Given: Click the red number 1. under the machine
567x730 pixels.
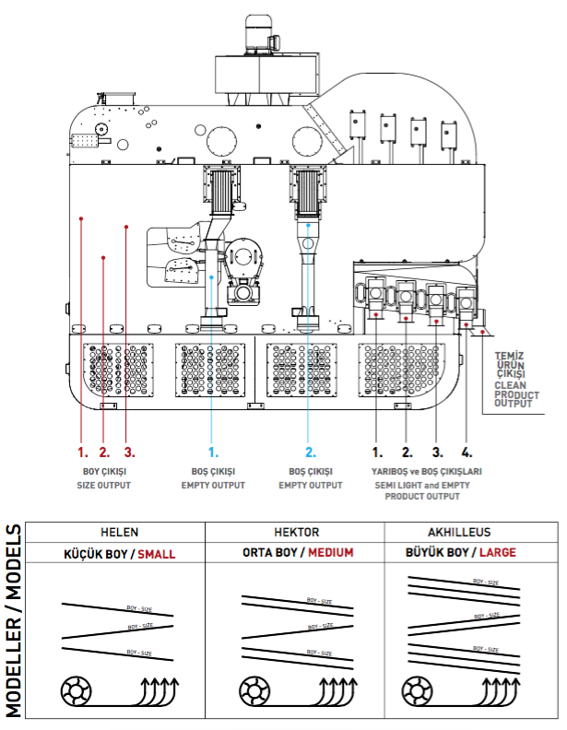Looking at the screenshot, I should click(x=82, y=453).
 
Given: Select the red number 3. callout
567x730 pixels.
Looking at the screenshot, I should click(x=130, y=453).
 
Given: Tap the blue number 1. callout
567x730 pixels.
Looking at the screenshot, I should click(x=213, y=453).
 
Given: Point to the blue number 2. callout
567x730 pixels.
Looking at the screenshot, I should click(x=311, y=453).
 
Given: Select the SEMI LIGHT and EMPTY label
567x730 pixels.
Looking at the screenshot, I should click(x=421, y=486).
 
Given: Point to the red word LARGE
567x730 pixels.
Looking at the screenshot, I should click(x=498, y=553).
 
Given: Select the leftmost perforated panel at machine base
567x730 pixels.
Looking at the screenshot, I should click(x=117, y=370).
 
